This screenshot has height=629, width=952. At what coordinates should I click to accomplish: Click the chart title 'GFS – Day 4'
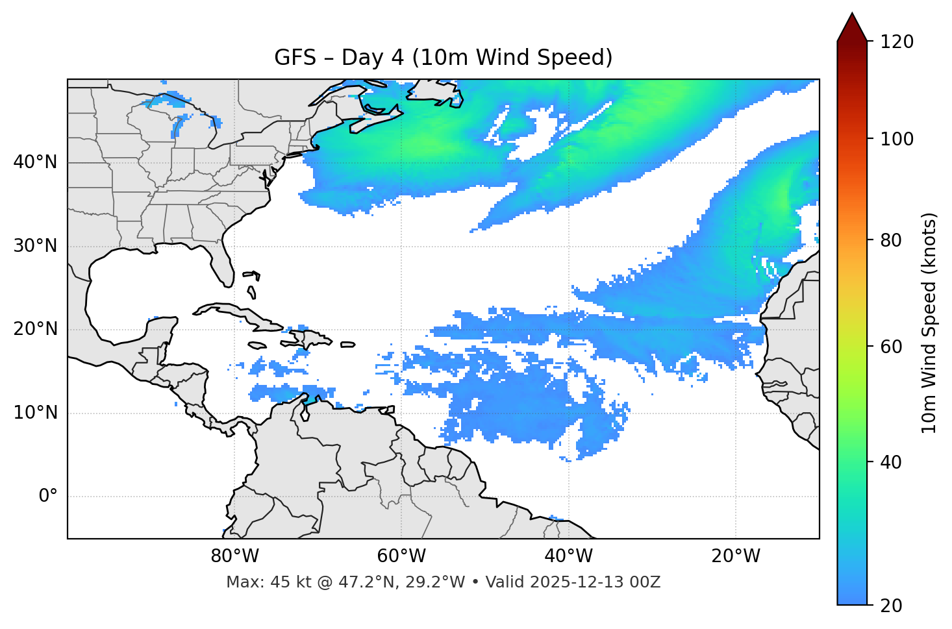(x=443, y=58)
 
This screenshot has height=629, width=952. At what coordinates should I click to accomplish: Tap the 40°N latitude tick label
(x=35, y=162)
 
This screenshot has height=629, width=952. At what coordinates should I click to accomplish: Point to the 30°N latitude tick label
(x=35, y=246)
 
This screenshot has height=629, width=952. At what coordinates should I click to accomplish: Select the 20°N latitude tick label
(x=35, y=329)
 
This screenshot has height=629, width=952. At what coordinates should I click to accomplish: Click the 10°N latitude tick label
(x=35, y=413)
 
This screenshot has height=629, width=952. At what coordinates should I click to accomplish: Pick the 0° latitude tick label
(x=48, y=497)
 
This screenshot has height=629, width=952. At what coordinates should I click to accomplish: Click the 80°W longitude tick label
(x=234, y=556)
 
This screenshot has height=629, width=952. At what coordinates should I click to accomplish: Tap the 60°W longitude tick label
(x=401, y=556)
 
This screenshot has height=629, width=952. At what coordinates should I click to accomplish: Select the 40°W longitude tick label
(x=568, y=556)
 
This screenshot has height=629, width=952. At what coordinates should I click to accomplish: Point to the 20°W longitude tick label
(x=736, y=556)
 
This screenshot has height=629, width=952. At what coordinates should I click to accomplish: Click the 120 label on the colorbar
(x=896, y=42)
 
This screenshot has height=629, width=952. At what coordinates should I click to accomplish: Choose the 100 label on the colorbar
(x=896, y=139)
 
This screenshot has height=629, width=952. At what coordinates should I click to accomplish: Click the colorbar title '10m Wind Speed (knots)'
(x=929, y=323)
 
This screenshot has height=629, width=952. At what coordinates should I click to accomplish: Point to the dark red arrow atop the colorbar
(x=852, y=28)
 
